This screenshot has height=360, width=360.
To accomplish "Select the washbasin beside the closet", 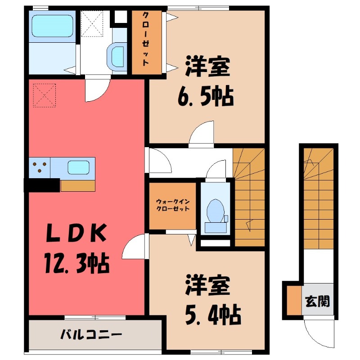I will coord(117,57).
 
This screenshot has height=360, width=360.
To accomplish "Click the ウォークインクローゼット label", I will coord(172,205).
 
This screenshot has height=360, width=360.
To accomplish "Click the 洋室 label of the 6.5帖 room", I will coord(208,67).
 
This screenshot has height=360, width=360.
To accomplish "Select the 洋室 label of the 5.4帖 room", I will coord(208,286).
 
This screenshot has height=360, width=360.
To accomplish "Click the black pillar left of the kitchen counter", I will coord(42,185).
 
